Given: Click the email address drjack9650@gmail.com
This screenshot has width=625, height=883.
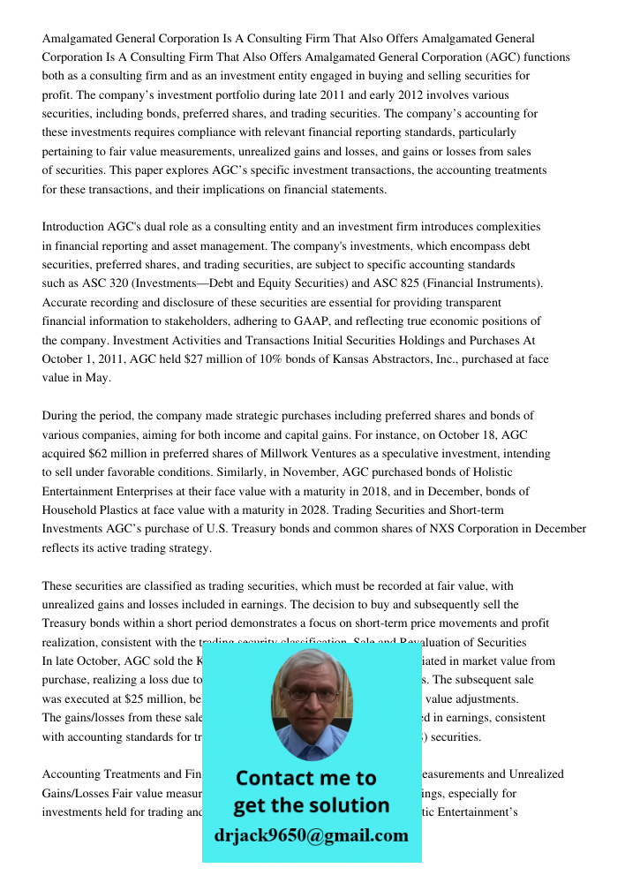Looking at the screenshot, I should (x=311, y=835).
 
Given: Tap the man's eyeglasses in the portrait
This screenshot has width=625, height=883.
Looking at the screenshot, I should (x=310, y=695).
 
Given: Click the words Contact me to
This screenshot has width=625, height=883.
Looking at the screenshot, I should (x=305, y=778).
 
